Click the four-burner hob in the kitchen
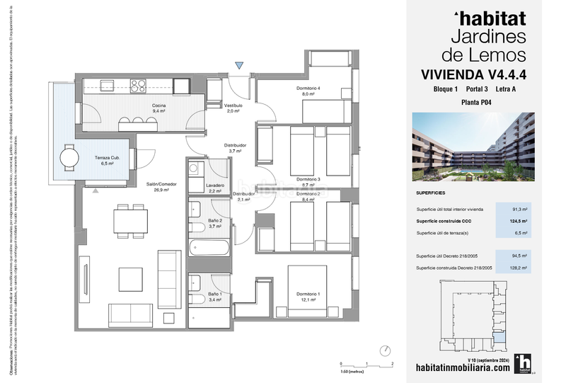tap(138, 86)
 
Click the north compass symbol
tap(386, 350)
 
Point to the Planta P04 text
tap(476, 103)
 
